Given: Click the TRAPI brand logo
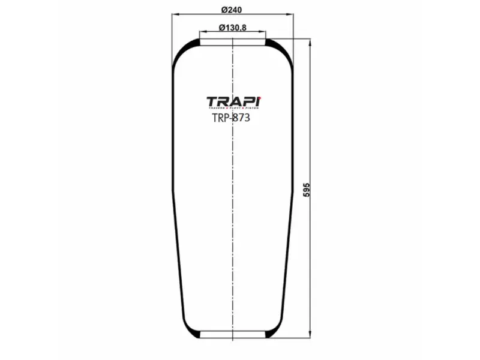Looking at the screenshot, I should coord(233,101).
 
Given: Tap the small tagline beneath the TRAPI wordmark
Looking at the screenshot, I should coord(233,109).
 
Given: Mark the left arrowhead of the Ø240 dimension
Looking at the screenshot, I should coord(175,14).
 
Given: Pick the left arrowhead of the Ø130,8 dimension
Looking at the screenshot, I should coord(202,32).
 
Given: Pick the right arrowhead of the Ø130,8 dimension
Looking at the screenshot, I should coord(262,32).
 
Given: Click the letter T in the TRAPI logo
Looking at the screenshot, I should coord(212,101).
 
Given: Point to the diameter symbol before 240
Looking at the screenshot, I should coord(223,10).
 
